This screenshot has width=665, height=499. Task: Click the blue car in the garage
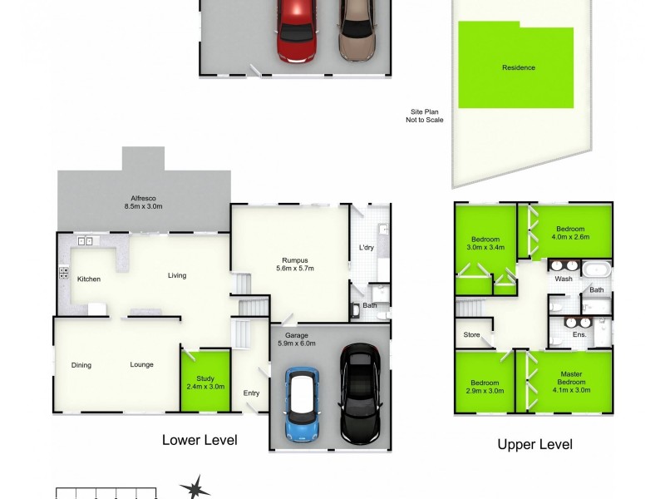point(303,403)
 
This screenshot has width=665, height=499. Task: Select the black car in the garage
point(359,393)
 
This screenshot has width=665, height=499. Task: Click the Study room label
point(205,382)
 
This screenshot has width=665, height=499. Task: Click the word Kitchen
point(89,279)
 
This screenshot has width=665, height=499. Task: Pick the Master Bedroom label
point(570,386)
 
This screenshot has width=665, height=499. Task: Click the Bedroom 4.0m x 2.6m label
point(570,233)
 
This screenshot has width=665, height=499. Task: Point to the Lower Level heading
point(199,440)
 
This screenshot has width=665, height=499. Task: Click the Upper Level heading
point(534,444)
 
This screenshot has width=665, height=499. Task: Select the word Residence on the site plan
point(518,67)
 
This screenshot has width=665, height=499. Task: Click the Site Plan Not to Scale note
point(426,116)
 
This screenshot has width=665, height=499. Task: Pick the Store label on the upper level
point(471,335)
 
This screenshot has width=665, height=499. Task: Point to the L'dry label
point(366,248)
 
